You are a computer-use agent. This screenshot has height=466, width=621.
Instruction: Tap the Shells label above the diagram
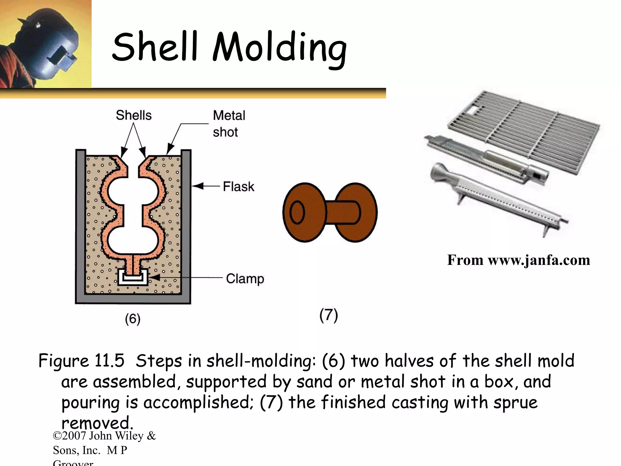(x=134, y=115)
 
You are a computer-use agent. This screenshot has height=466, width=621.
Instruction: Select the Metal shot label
(x=229, y=124)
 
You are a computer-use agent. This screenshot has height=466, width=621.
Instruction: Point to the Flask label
(x=239, y=186)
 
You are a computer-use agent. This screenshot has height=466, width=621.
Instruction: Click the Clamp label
(x=245, y=279)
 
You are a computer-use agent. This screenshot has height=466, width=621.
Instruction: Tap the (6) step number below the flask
(x=133, y=319)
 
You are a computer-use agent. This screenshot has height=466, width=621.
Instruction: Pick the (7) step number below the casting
(x=329, y=315)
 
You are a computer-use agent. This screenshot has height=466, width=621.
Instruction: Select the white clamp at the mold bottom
(x=133, y=277)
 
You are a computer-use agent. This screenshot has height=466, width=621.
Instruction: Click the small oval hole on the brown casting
(x=297, y=212)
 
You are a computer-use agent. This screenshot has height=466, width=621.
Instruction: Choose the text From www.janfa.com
(x=519, y=260)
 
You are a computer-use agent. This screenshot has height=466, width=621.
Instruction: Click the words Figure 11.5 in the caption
(x=81, y=361)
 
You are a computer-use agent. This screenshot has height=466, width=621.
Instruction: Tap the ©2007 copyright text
(x=104, y=436)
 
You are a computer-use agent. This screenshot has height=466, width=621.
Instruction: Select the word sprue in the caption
(x=515, y=403)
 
